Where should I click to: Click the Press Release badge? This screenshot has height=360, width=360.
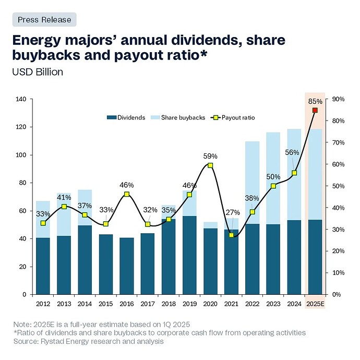[x=44, y=19]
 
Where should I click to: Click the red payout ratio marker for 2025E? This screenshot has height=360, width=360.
[x=315, y=110]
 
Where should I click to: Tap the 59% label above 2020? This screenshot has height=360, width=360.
[x=210, y=155]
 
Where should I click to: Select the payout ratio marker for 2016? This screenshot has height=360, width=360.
[x=127, y=195]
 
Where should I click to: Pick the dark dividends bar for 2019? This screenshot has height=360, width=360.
[x=189, y=255]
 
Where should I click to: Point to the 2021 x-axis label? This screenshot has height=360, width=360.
[x=231, y=303]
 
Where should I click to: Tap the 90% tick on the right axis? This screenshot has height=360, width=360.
[x=339, y=99]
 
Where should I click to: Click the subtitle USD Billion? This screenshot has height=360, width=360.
[x=38, y=72]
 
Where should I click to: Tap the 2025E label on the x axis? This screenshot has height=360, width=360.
[x=315, y=303]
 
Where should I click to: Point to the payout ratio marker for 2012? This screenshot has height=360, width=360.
[x=43, y=223]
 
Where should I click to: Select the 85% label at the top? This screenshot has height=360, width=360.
[x=315, y=101]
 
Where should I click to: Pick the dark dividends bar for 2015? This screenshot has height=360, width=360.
[x=106, y=264]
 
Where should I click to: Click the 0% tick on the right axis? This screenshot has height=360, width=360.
[x=337, y=294]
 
